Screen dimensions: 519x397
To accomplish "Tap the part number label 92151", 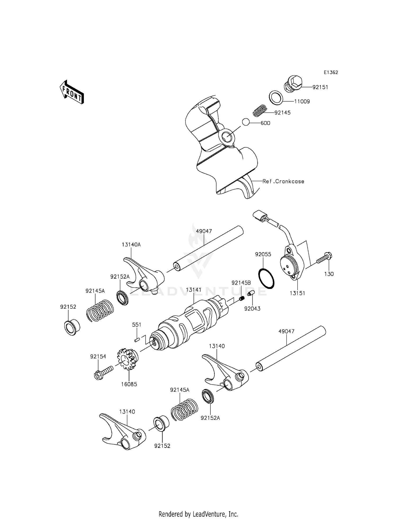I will [320, 87].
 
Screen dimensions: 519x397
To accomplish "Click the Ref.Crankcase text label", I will [283, 181].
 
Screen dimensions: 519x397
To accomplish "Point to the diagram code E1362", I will [331, 72].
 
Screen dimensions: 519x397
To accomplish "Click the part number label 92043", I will [252, 309].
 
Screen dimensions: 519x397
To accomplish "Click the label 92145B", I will [241, 283].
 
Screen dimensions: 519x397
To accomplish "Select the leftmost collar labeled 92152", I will [72, 327].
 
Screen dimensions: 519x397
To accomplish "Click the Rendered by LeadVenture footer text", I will [198, 514].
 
